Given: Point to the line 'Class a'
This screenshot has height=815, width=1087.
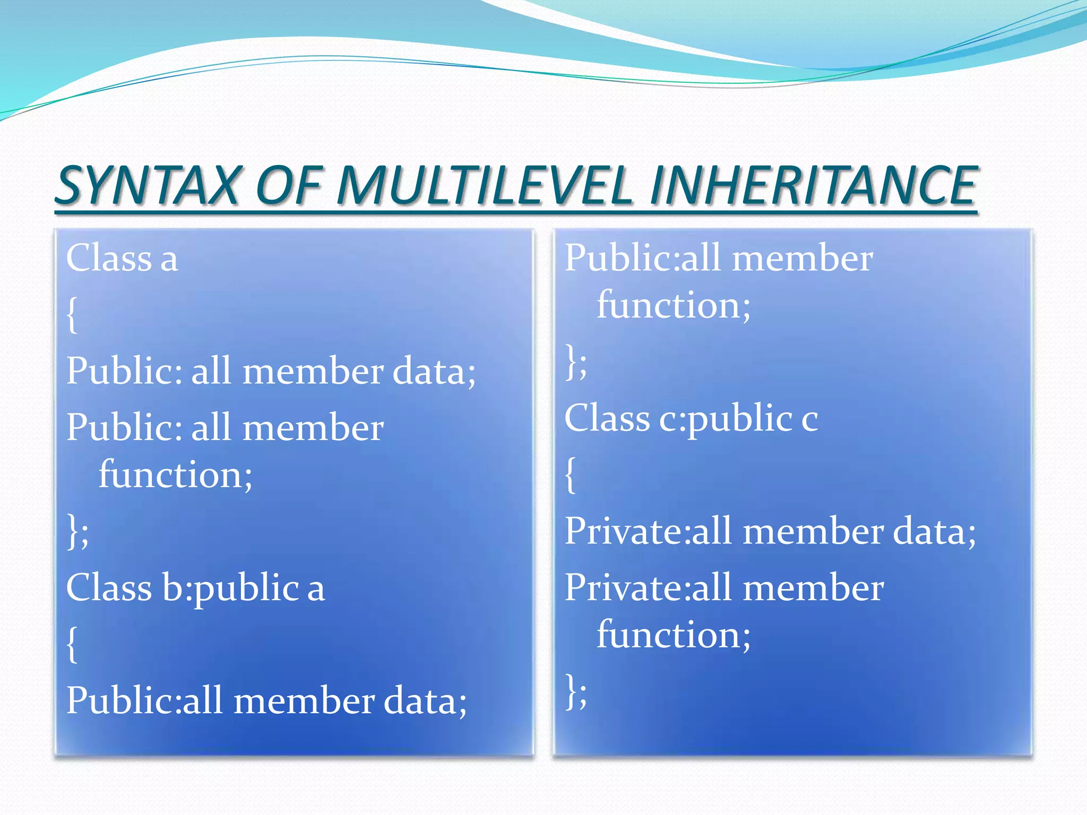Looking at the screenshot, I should point(122,258).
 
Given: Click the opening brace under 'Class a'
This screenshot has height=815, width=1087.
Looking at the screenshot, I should point(72,315).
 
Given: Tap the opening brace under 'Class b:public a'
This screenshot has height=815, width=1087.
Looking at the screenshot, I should point(72,644).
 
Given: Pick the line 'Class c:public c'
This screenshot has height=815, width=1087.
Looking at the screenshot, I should point(691,419).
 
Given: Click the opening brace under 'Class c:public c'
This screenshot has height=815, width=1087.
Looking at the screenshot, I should point(570,475).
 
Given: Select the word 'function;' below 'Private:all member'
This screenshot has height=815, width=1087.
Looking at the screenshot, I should point(674,635).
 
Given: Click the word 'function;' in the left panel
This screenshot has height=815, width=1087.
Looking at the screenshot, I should point(176,474).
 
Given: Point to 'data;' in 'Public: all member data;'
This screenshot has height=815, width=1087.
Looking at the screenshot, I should point(434,371).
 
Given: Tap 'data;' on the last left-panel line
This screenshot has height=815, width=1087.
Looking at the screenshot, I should point(425,701).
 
